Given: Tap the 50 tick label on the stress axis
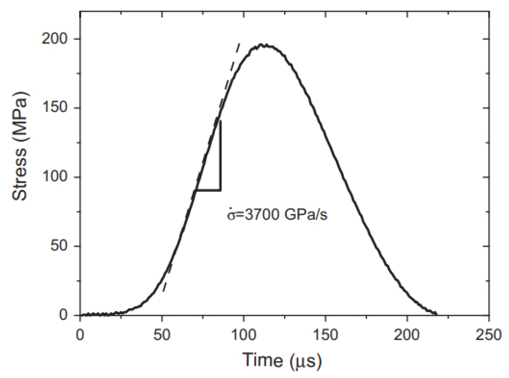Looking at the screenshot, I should (x=63, y=246).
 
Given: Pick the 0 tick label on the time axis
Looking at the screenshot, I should (x=80, y=335).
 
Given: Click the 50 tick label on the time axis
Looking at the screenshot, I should (x=162, y=335).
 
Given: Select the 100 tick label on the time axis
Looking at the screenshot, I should (x=244, y=335).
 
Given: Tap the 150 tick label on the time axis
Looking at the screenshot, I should (x=325, y=335).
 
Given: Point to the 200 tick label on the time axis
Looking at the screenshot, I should (x=407, y=335).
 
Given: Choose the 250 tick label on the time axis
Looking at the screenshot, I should (x=489, y=335).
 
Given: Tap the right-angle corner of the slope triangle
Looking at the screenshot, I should (x=221, y=190).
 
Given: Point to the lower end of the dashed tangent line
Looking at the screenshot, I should (x=163, y=291).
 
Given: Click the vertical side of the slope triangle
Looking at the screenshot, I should (x=221, y=157).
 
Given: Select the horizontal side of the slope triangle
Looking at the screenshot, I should (x=208, y=190).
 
